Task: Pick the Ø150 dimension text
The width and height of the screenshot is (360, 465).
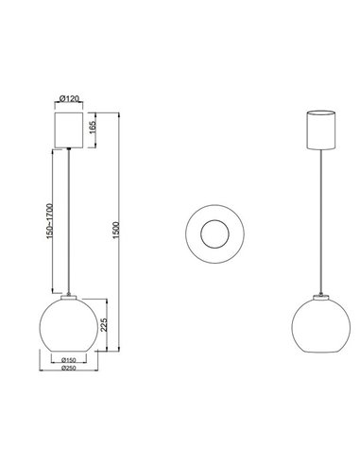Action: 67,360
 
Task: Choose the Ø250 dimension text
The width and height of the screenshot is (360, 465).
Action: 67,370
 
